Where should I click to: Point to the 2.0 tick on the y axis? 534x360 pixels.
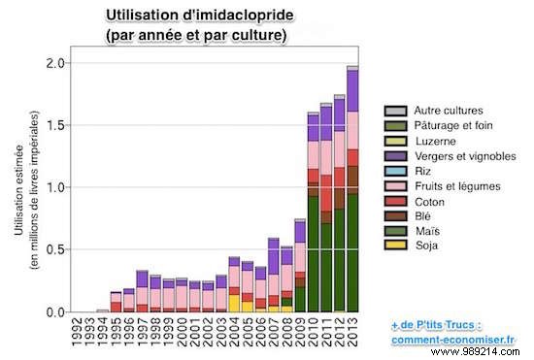[x=57, y=63]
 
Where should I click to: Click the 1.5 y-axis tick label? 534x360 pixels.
[x=57, y=125]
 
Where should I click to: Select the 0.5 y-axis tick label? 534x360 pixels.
[x=57, y=249]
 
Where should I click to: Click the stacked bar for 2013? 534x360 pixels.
[x=352, y=194]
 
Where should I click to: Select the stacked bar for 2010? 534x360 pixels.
[x=313, y=213]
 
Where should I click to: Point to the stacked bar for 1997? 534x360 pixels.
[x=142, y=291]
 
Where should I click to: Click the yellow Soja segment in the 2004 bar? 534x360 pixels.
[x=234, y=303]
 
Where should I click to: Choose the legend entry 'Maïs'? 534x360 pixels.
[x=424, y=230]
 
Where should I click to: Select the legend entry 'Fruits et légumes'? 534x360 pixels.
[x=449, y=185]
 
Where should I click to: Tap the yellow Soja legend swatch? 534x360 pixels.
[x=395, y=245]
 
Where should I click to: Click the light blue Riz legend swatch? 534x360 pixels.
[x=395, y=170]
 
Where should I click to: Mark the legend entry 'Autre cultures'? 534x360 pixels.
[x=442, y=111]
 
